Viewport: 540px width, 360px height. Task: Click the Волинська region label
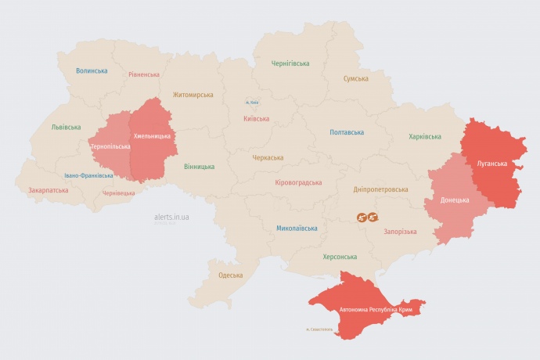coord(92,70)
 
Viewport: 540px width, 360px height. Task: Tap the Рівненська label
coord(144,74)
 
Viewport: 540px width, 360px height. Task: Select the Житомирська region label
coord(193,95)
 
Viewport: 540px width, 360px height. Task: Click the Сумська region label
coord(356,79)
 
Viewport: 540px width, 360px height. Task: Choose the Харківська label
coord(424,137)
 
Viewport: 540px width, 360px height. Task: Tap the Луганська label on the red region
coord(491,164)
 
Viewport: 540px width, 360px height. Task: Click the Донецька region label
coord(455,200)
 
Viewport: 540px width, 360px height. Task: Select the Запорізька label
coord(400,232)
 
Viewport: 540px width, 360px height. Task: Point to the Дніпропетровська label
coord(380,189)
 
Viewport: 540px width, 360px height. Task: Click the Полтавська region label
coord(347,132)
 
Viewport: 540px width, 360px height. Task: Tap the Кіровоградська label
coord(298,182)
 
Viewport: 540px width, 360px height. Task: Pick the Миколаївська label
coord(297,229)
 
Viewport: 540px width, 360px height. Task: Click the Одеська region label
coord(230,275)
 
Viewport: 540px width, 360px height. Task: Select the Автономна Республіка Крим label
coord(376,310)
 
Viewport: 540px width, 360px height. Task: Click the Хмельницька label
coord(152,136)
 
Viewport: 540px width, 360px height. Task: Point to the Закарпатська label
coord(48,190)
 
